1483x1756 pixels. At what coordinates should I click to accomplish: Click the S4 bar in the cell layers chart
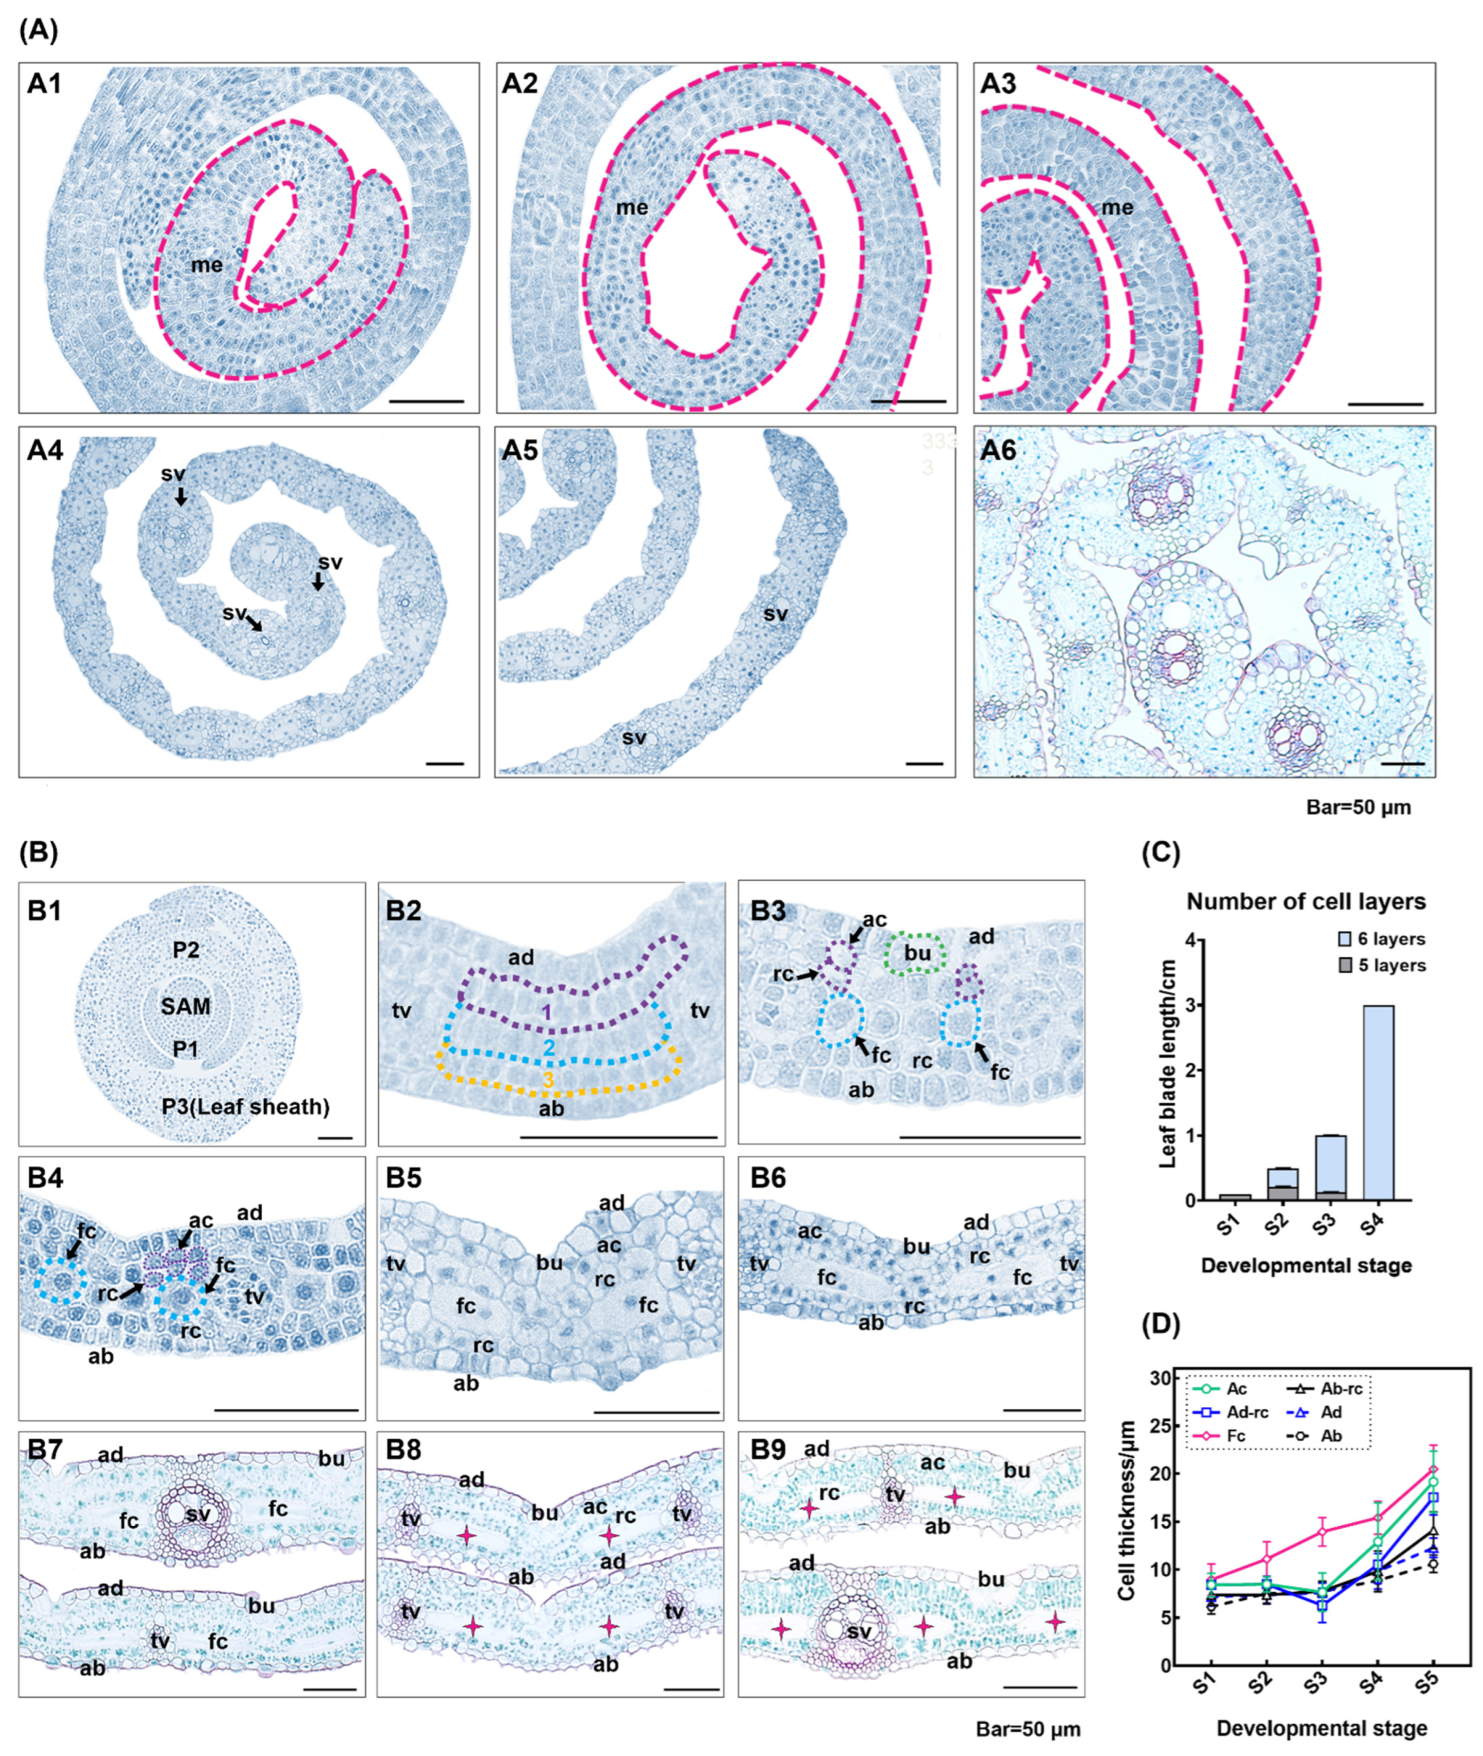coord(1373,1102)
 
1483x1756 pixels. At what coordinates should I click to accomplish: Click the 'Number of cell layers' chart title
coord(1305,902)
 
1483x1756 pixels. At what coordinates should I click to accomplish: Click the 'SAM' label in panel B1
coord(186,1006)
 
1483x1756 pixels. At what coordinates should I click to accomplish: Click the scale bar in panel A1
coord(427,402)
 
